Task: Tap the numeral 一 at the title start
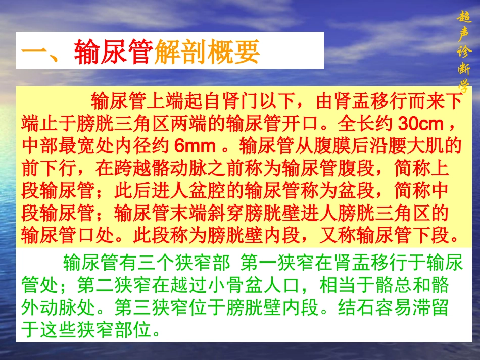(36, 51)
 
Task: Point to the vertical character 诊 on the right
(463, 51)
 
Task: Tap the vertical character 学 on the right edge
(463, 84)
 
